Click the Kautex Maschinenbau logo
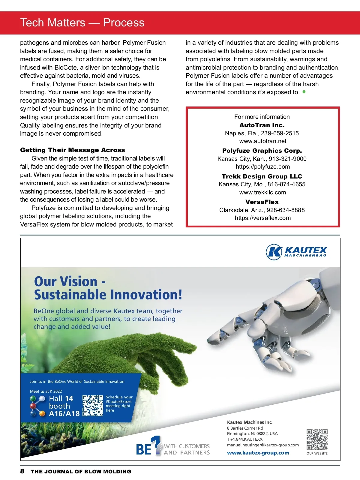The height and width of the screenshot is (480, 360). pyautogui.click(x=296, y=252)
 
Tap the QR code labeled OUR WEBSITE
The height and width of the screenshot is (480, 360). pyautogui.click(x=317, y=439)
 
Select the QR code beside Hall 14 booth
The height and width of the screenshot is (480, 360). pyautogui.click(x=93, y=406)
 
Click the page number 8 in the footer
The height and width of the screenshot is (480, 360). pyautogui.click(x=22, y=471)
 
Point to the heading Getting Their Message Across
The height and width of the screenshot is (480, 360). pyautogui.click(x=73, y=150)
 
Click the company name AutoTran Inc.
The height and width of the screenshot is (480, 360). pyautogui.click(x=262, y=125)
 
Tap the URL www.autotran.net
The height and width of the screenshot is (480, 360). pyautogui.click(x=262, y=141)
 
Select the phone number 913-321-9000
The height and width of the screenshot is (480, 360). pyautogui.click(x=287, y=159)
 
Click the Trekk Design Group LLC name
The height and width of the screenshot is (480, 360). pyautogui.click(x=262, y=176)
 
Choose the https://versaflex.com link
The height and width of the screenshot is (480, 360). pyautogui.click(x=262, y=218)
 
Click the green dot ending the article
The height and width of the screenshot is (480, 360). pyautogui.click(x=304, y=92)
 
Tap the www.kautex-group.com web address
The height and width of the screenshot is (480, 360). pyautogui.click(x=258, y=453)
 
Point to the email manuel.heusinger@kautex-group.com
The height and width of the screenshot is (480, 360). pyautogui.click(x=263, y=445)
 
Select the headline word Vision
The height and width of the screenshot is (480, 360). pyautogui.click(x=79, y=282)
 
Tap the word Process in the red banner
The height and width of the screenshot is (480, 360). pyautogui.click(x=124, y=23)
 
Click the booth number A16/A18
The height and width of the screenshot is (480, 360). pyautogui.click(x=64, y=414)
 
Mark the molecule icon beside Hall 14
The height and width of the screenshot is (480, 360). pyautogui.click(x=37, y=406)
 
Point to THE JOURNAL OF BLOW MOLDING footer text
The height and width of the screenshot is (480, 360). pyautogui.click(x=81, y=472)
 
